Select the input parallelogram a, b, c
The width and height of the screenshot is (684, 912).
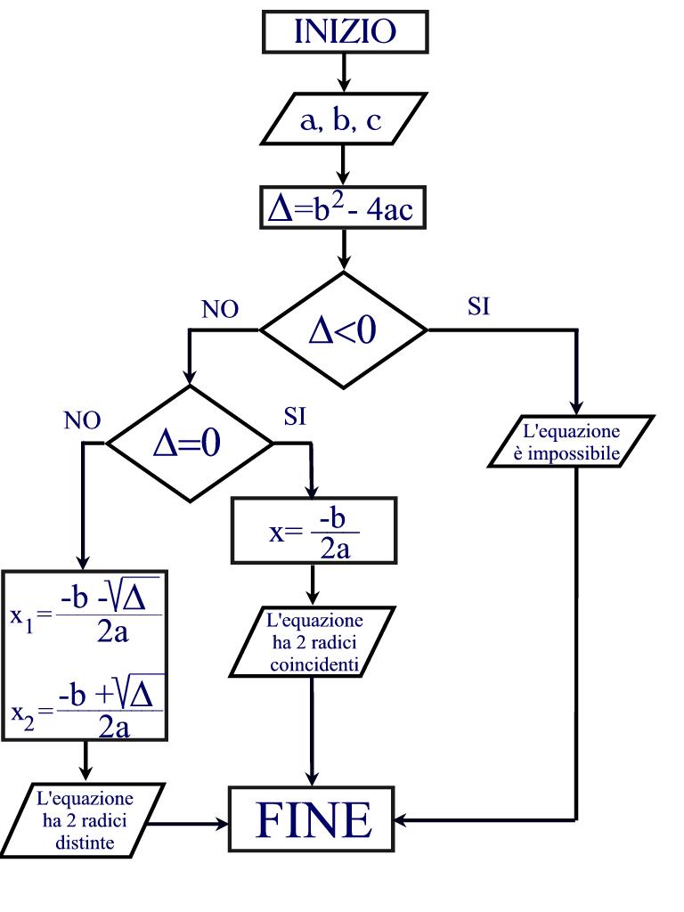coord(344,121)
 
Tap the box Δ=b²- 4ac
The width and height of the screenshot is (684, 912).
coord(344,212)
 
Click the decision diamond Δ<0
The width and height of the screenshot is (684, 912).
coord(344,330)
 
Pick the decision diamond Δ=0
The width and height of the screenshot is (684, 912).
coord(189,442)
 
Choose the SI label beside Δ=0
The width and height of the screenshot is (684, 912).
coord(295,417)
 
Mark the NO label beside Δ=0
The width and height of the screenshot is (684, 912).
coord(82,420)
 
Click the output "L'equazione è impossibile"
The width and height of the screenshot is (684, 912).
coord(571,442)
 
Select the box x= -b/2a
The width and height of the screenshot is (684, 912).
coord(313,530)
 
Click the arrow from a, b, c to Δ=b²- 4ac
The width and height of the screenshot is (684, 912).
coord(344,166)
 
